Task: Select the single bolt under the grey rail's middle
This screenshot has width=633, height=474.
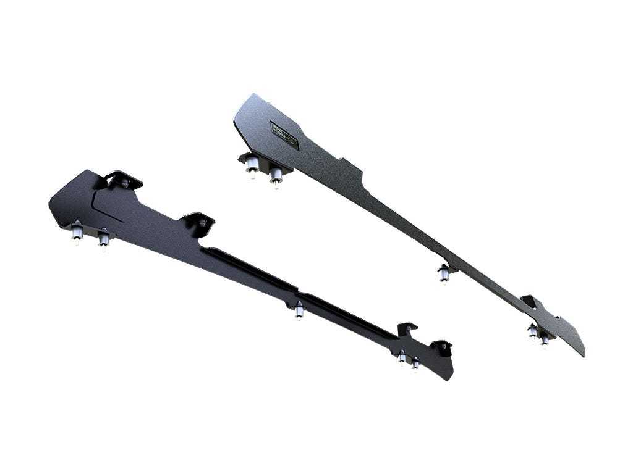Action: pos(444,273)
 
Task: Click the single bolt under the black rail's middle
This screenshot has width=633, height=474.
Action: pos(299,310)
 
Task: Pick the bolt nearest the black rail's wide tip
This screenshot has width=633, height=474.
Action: pos(78,233)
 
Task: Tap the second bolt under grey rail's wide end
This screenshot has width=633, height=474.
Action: pos(276,177)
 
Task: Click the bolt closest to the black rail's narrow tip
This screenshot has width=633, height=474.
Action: pos(415,364)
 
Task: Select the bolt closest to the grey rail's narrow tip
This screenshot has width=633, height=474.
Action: pos(544,339)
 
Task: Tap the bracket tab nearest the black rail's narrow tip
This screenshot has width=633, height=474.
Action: pos(441,346)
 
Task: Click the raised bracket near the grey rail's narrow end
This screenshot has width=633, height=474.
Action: pos(529,301)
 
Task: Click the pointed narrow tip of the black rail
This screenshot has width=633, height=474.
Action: pos(450,375)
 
